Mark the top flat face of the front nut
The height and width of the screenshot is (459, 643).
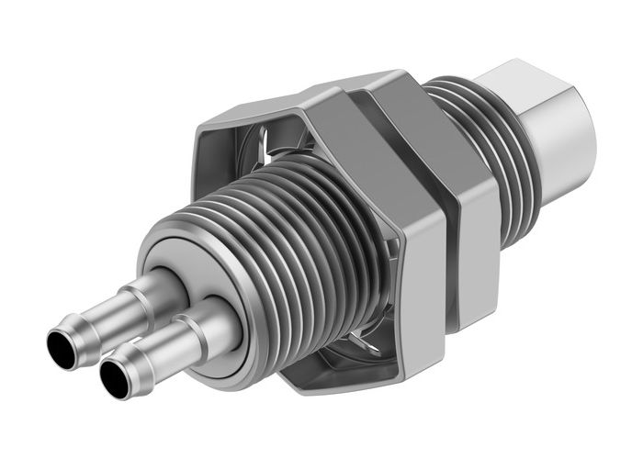point(303,96)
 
